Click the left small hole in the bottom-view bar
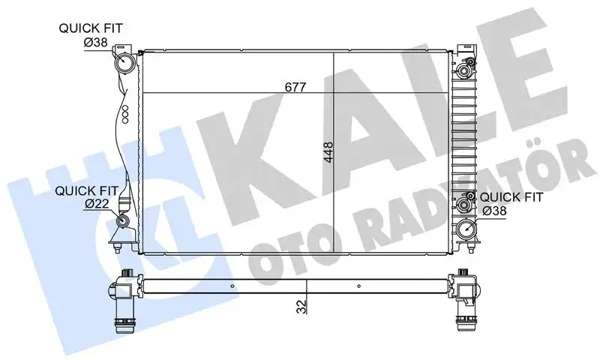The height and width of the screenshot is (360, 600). click(232, 286)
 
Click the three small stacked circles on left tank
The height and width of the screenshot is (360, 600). click(125, 113)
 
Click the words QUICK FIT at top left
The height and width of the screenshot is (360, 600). click(91, 28)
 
